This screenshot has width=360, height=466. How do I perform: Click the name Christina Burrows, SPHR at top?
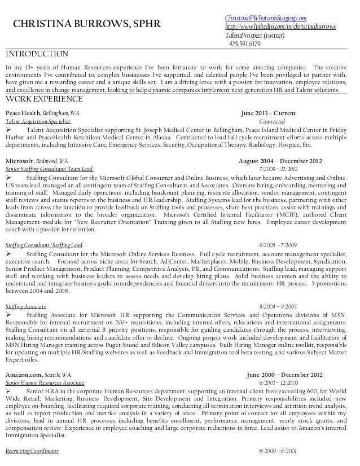point(87,24)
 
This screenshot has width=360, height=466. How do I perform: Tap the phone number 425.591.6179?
point(244,44)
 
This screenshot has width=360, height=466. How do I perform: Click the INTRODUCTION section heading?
point(37,54)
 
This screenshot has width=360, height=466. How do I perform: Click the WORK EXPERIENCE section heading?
point(44,100)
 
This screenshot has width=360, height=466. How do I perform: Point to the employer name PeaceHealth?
point(23,113)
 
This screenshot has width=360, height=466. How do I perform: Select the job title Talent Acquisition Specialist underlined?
point(38,121)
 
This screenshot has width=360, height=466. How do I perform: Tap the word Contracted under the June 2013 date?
point(271,121)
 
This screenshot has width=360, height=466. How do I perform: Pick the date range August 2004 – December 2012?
point(280,161)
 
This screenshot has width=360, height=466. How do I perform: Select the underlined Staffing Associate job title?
point(25,305)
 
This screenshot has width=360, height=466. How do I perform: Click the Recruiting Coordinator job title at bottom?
point(32,451)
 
